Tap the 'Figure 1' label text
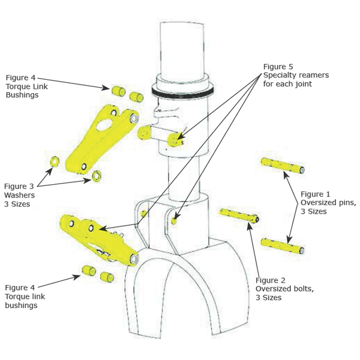(x=316, y=194)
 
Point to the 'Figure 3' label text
(x=21, y=186)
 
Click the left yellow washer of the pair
(x=53, y=161)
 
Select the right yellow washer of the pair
(x=96, y=176)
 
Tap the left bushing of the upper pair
(x=118, y=91)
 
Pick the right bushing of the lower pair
(x=107, y=277)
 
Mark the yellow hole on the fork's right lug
(x=175, y=220)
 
